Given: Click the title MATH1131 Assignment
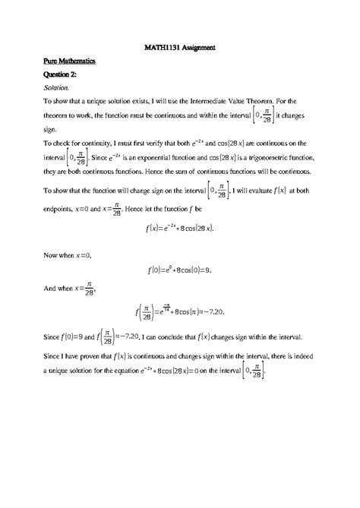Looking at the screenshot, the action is [x=180, y=47].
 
